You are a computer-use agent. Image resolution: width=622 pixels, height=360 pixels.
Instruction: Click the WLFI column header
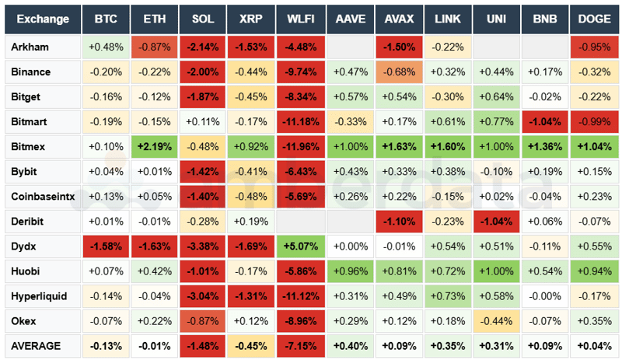pyautogui.click(x=301, y=19)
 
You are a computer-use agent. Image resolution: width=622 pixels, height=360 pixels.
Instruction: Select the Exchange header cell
pyautogui.click(x=43, y=19)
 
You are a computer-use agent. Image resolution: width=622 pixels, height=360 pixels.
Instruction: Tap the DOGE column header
pyautogui.click(x=594, y=19)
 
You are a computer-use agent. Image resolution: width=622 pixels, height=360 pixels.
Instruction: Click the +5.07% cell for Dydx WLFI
pyautogui.click(x=301, y=246)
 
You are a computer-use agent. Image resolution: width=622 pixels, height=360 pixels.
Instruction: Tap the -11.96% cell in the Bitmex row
pyautogui.click(x=301, y=146)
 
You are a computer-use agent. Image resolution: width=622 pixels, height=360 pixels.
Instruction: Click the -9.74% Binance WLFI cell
pyautogui.click(x=301, y=72)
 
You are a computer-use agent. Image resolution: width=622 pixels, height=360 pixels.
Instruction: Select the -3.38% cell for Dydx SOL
pyautogui.click(x=203, y=246)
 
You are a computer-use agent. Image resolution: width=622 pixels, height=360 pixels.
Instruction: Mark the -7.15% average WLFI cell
pyautogui.click(x=301, y=345)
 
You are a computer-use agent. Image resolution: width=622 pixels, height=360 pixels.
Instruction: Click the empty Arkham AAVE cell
pyautogui.click(x=350, y=47)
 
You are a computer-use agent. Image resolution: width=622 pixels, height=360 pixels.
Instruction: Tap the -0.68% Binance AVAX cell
pyautogui.click(x=399, y=72)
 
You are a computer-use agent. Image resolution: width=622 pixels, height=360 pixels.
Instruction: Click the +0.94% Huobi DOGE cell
pyautogui.click(x=594, y=271)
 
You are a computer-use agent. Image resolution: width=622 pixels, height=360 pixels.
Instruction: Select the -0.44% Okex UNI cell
pyautogui.click(x=497, y=321)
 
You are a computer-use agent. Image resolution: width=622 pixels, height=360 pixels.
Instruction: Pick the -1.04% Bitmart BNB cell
pyautogui.click(x=545, y=121)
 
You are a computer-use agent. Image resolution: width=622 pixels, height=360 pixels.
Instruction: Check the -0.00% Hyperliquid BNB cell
pyautogui.click(x=545, y=296)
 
